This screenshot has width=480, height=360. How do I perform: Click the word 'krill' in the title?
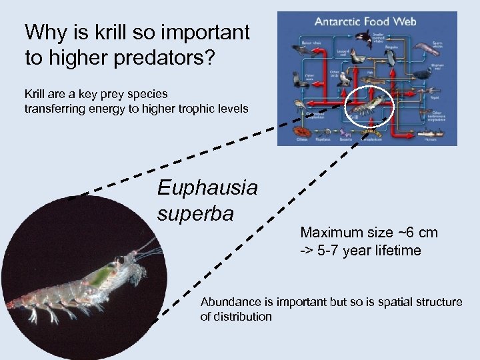point(137,32)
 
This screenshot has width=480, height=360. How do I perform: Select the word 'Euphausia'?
point(207,188)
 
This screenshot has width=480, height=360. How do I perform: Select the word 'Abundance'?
point(229,302)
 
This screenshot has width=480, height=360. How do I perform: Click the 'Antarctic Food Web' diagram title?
point(367,21)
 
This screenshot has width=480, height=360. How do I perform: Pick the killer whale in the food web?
point(363,38)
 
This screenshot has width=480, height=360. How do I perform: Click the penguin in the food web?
point(392,59)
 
